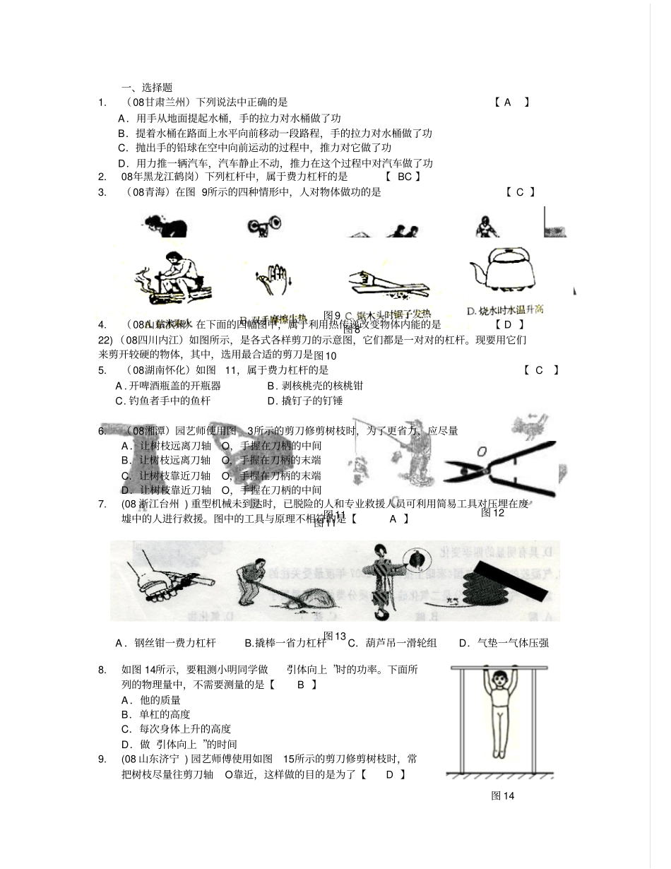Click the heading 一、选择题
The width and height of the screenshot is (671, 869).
[x=147, y=88]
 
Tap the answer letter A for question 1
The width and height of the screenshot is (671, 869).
[x=507, y=102]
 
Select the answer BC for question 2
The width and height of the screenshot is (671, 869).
[x=404, y=177]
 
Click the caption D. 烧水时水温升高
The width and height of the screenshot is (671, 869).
[x=505, y=310]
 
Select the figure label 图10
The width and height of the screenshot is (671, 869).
[x=325, y=355]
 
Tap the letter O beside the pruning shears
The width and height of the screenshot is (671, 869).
[x=482, y=450]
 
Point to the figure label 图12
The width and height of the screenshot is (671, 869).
[x=492, y=513]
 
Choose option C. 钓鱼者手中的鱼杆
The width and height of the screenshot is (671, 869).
[x=163, y=401]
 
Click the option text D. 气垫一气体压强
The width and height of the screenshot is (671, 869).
[x=503, y=642]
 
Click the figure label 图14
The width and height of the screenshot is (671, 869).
[x=502, y=796]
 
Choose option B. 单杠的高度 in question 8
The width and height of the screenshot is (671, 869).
[x=155, y=714]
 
